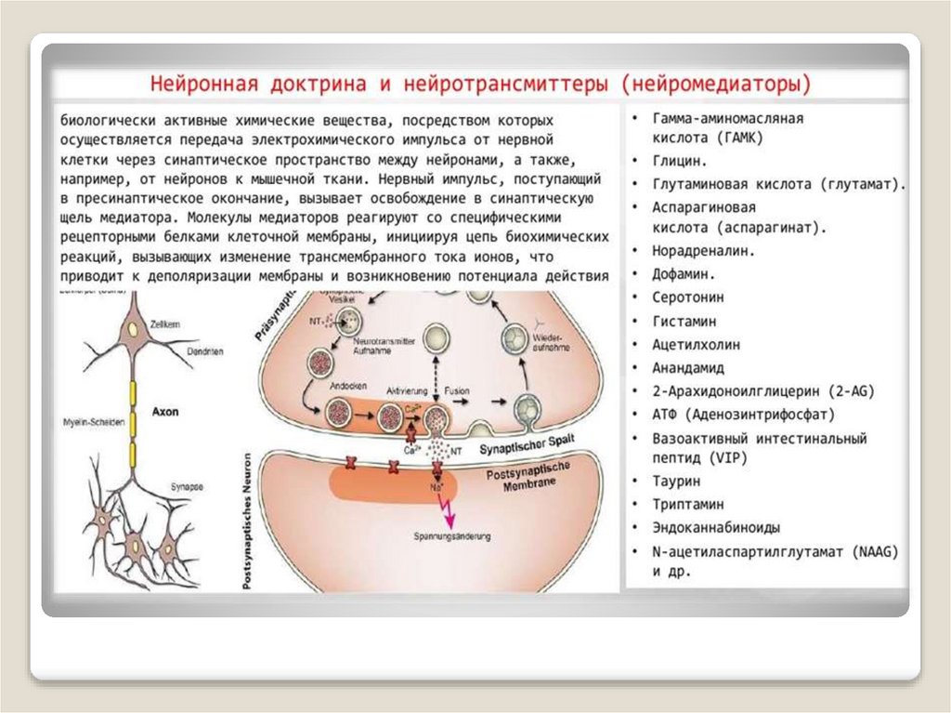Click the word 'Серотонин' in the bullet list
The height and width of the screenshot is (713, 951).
point(688,297)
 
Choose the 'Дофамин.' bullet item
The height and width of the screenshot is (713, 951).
point(684,274)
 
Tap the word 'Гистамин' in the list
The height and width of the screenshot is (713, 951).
point(684,321)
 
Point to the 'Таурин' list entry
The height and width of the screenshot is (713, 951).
point(676,482)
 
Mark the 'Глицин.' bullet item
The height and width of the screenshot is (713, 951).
point(680,161)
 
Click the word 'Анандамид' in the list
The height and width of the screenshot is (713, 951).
point(688,367)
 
